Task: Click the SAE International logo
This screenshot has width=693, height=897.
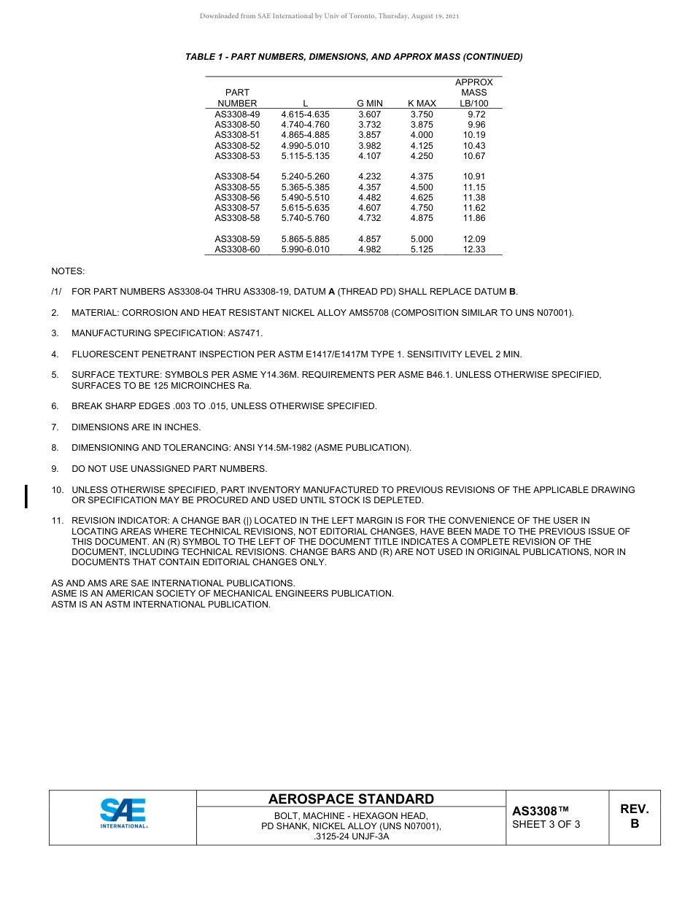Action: [x=123, y=813]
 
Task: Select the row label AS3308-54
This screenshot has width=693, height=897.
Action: [x=237, y=176]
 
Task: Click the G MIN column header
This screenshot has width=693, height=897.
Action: [x=370, y=104]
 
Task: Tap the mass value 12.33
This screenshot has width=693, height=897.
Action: [x=474, y=249]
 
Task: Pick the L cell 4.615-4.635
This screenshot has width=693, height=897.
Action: [x=305, y=114]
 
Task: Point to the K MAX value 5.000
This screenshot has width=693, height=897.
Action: [x=422, y=239]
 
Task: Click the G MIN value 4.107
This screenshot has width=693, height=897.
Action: [x=370, y=156]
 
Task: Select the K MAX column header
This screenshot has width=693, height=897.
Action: [x=422, y=104]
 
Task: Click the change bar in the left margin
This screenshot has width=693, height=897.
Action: [x=27, y=495]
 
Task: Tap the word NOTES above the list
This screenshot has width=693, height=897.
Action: [x=68, y=271]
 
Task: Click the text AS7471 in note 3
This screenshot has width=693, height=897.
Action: [x=247, y=333]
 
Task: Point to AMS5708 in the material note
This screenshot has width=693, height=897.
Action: [x=374, y=313]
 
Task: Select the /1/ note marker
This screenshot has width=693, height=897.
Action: [x=56, y=292]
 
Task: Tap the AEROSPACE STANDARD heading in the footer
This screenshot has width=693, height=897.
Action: [x=351, y=799]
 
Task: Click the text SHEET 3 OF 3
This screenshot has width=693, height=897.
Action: [x=546, y=825]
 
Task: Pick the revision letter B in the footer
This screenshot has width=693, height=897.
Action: [x=634, y=824]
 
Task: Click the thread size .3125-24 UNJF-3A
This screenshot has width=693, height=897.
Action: [x=351, y=836]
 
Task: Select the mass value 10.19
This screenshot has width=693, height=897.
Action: [x=474, y=135]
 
